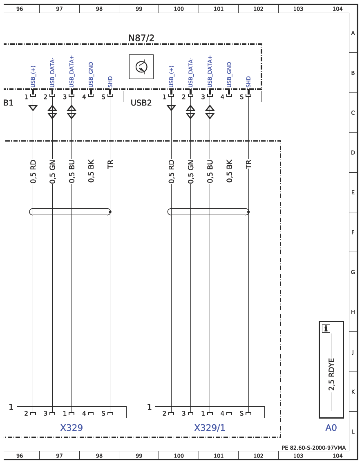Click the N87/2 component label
141,38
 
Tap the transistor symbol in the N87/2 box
141,67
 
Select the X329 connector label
72,428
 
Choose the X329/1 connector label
210,428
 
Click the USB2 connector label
141,103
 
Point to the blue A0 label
331,428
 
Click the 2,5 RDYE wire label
332,374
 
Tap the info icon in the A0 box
326,329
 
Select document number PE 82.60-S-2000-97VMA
313,448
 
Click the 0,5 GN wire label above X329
52,171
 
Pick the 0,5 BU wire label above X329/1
210,171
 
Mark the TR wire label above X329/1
248,164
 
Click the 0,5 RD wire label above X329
33,171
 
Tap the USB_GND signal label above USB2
229,75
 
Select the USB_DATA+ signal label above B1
72,71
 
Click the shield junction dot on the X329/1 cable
248,212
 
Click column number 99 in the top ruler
139,9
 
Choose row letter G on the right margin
353,272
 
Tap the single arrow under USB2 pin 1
171,108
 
